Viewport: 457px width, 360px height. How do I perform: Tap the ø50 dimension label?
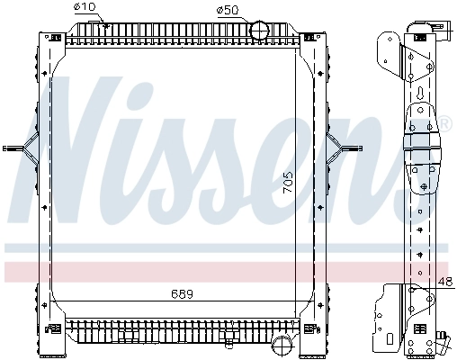pyautogui.click(x=228, y=10)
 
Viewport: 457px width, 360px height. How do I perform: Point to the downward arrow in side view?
pyautogui.click(x=421, y=93)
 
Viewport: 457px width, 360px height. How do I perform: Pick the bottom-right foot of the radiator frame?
pyautogui.click(x=317, y=346)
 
